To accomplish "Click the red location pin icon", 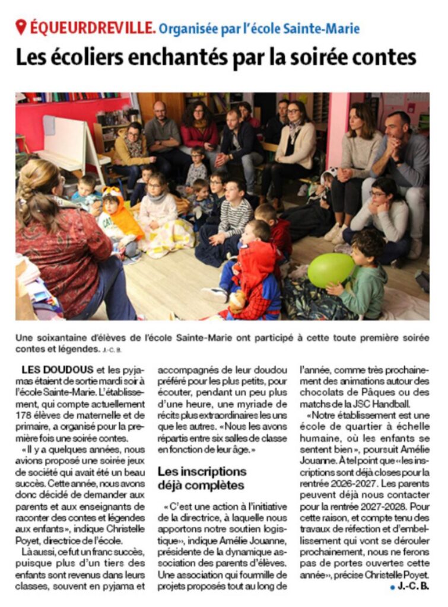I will [21, 27].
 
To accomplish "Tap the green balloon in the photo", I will [331, 269].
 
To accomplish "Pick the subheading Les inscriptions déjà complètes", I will [202, 478].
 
